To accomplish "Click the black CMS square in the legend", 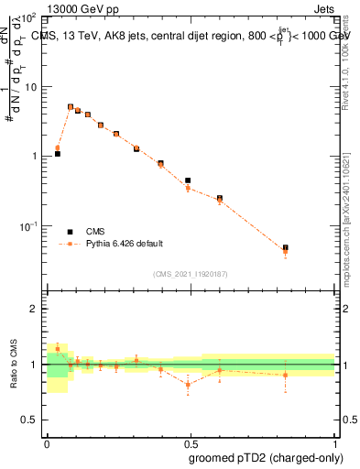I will click(69, 232).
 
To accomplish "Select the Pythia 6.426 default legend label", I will click(125, 244).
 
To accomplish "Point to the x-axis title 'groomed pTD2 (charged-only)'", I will click(266, 457).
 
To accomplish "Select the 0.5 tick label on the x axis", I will click(190, 442).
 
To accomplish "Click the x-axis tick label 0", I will click(47, 442).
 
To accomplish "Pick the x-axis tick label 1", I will click(333, 442).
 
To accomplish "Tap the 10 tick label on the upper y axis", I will click(30, 87).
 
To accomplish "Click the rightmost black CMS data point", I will click(285, 247).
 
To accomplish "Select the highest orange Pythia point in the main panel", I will click(71, 106).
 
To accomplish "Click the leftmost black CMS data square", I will click(58, 154).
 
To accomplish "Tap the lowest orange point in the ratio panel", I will click(188, 385).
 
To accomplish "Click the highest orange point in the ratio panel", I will click(58, 348).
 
